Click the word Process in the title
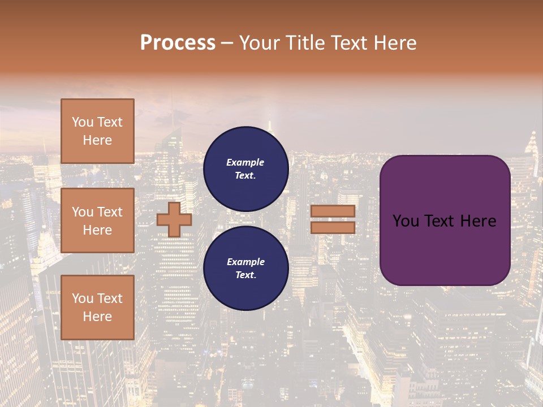(x=178, y=43)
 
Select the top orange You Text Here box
(x=97, y=131)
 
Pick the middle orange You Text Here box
(x=97, y=220)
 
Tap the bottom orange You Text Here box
(x=97, y=308)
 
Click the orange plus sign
(x=174, y=219)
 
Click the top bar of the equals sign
(x=333, y=211)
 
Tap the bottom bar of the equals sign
(x=333, y=227)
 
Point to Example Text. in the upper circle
(x=245, y=168)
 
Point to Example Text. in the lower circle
(x=245, y=269)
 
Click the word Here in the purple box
(x=477, y=221)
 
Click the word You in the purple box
(x=406, y=221)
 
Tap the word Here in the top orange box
(x=97, y=140)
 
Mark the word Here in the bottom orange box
(x=97, y=317)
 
